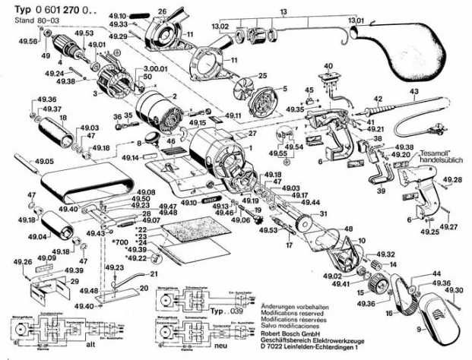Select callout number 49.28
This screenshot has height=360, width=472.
[453, 180]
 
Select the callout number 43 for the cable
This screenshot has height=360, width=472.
[414, 93]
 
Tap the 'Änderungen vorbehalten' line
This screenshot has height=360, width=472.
[291, 303]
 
